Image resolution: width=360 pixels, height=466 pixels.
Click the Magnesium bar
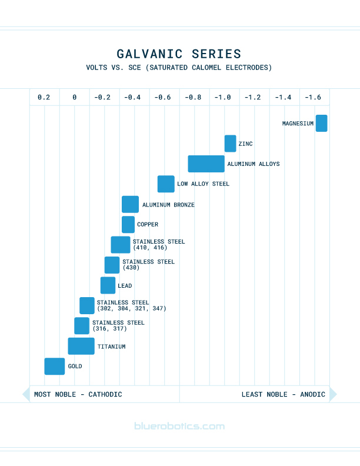click(x=321, y=123)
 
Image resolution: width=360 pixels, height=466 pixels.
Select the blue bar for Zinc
click(x=230, y=144)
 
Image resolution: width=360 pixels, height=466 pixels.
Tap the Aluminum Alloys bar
click(x=206, y=164)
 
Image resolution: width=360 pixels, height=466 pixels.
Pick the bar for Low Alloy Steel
click(x=166, y=184)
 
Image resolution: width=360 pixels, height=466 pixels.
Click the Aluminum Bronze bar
click(x=130, y=204)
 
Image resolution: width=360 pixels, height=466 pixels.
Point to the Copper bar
click(x=128, y=224)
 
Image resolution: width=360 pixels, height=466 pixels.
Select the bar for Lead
click(x=108, y=285)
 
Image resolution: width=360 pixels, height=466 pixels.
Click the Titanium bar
click(x=81, y=346)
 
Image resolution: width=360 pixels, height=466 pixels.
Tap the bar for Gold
click(x=55, y=366)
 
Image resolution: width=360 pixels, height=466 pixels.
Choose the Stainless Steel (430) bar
click(x=112, y=265)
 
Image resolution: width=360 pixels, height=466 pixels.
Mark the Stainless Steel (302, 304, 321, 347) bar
click(x=87, y=305)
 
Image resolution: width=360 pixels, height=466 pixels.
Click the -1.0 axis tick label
click(x=223, y=97)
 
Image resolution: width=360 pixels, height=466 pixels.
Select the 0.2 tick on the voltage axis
click(x=44, y=97)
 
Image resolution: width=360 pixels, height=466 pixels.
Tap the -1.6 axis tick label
click(x=314, y=97)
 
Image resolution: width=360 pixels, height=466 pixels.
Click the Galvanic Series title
click(x=179, y=54)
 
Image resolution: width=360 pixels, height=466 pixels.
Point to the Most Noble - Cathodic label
click(x=78, y=394)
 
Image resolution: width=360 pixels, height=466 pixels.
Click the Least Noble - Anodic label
click(x=283, y=394)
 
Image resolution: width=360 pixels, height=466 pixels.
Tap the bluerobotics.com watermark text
click(x=179, y=426)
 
